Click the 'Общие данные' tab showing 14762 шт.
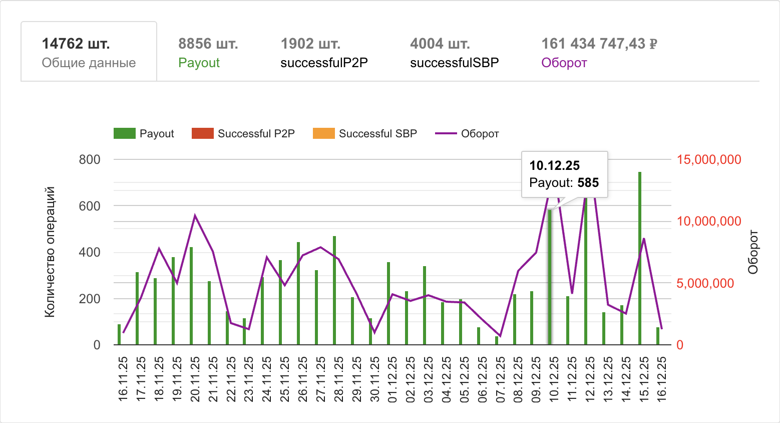89,52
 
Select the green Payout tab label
199,63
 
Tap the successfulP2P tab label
324,63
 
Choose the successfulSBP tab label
454,63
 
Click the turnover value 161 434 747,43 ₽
599,44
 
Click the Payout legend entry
144,134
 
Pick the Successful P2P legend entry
243,134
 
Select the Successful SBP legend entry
365,134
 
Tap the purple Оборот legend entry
467,134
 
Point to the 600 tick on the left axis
90,206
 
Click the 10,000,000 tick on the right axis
708,222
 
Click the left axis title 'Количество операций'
50,252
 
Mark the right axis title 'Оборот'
753,252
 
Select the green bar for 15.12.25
640,258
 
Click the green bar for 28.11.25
334,291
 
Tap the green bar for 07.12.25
497,340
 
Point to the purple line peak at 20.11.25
195,216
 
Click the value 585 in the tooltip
588,182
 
